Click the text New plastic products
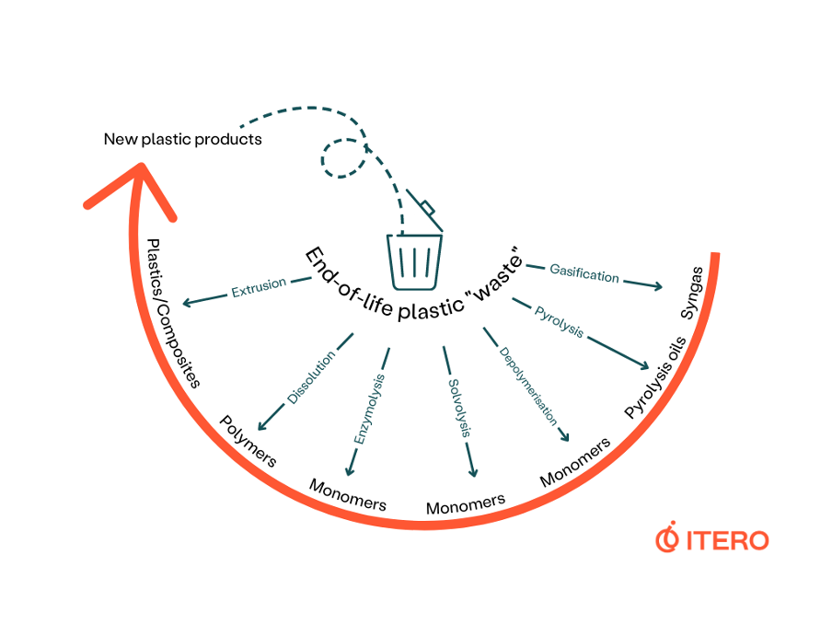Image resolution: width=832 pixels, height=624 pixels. tap(182, 140)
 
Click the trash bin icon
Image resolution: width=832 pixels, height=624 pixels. tap(414, 260)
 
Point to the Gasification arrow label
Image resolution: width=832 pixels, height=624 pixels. tap(584, 273)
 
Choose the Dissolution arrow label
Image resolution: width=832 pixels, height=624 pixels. tap(311, 377)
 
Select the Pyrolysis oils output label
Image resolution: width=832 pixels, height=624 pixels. tap(655, 378)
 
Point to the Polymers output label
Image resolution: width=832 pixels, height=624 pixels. tap(248, 441)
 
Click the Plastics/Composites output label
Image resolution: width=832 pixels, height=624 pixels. tap(173, 313)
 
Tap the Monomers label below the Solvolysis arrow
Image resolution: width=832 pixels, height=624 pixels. tap(466, 504)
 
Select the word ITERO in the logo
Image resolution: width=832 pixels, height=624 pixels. tap(727, 540)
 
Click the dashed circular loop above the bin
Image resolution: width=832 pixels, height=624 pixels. tap(343, 158)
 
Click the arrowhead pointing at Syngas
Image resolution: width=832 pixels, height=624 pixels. tap(657, 286)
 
